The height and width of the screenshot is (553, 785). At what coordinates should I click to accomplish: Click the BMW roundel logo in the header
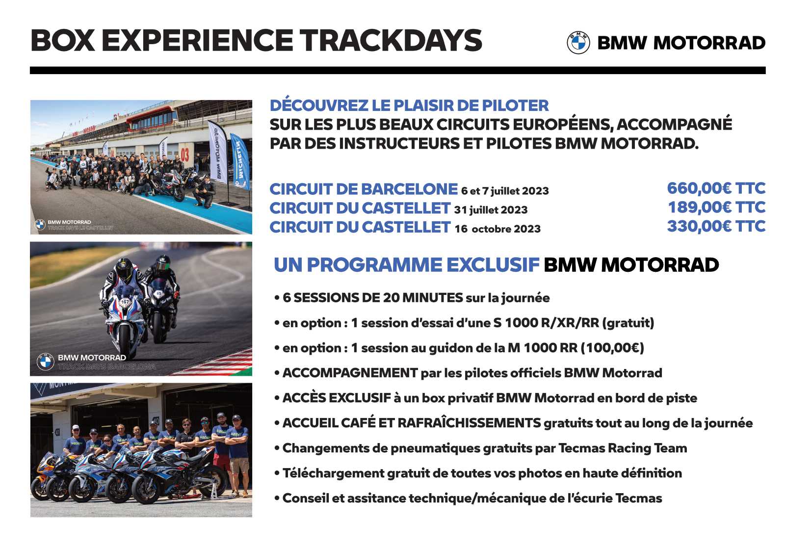[x=578, y=43]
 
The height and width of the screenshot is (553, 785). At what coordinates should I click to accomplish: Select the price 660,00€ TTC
[x=716, y=188]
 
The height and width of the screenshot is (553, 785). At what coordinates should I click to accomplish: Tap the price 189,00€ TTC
[x=717, y=207]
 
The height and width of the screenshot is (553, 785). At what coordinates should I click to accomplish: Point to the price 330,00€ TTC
[x=716, y=226]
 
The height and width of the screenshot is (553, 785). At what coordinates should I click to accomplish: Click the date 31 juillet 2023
[x=491, y=210]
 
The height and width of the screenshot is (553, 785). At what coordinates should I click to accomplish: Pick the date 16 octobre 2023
[x=497, y=229]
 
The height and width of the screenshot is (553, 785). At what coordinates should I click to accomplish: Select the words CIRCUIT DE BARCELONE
[x=364, y=189]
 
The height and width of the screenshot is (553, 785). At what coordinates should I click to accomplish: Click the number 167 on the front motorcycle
[x=125, y=302]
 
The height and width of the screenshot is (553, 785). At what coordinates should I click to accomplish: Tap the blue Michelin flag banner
[x=240, y=161]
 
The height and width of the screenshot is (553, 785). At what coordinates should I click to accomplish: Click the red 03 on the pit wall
[x=184, y=155]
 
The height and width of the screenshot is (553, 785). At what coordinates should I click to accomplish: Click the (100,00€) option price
[x=612, y=348]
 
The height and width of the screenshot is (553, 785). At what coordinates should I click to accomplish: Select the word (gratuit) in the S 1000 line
[x=628, y=323]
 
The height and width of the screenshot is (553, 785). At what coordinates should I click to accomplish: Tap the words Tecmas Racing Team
[x=623, y=448]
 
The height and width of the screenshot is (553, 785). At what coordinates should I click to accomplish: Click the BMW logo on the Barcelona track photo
[x=46, y=362]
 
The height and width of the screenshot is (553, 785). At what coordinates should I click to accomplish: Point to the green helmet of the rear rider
[x=163, y=263]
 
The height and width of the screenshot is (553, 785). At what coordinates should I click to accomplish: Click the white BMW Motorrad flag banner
[x=218, y=152]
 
